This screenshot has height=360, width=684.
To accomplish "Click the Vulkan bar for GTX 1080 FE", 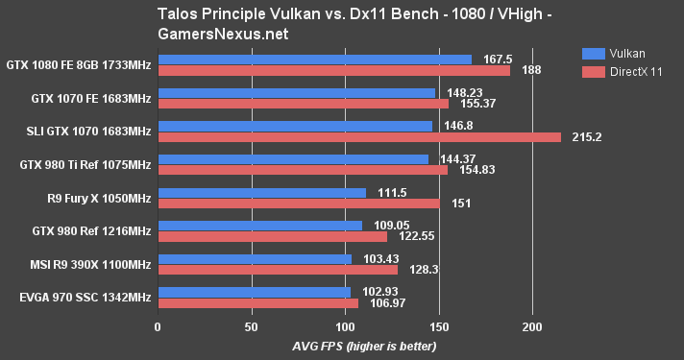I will click(x=314, y=60).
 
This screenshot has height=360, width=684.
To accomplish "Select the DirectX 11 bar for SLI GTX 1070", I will click(x=358, y=137).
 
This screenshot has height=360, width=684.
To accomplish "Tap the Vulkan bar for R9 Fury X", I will click(x=261, y=192).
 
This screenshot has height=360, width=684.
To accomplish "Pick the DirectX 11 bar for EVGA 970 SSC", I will click(x=257, y=303).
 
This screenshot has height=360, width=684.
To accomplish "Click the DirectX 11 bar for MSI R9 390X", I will click(x=277, y=270).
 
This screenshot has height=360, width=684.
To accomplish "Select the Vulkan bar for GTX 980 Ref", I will click(x=259, y=226).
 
